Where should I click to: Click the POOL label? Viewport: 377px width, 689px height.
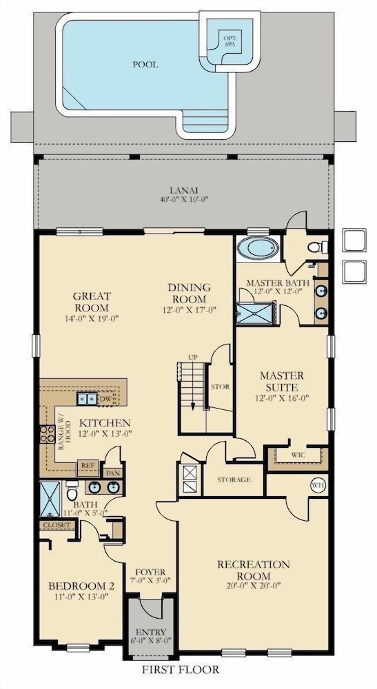(x=145, y=65)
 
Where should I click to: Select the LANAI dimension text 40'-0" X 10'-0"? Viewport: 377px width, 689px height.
(x=183, y=199)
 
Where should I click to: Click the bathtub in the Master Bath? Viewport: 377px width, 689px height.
(x=258, y=249)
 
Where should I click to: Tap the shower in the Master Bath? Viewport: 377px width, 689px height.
(x=255, y=312)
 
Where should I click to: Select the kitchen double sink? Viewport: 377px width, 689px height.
(x=87, y=398)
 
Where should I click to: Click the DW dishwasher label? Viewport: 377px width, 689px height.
(x=105, y=399)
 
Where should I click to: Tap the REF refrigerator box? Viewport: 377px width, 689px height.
(x=88, y=469)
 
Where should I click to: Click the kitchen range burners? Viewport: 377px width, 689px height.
(x=47, y=434)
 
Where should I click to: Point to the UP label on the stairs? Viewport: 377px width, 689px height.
(x=192, y=357)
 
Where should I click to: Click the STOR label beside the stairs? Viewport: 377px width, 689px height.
(x=220, y=387)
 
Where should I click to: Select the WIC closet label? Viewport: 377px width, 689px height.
(x=298, y=455)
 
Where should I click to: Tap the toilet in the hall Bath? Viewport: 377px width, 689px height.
(x=72, y=491)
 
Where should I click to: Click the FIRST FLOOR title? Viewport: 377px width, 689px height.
(x=180, y=670)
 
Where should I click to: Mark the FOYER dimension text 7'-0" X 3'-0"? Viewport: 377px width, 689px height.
(x=150, y=582)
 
